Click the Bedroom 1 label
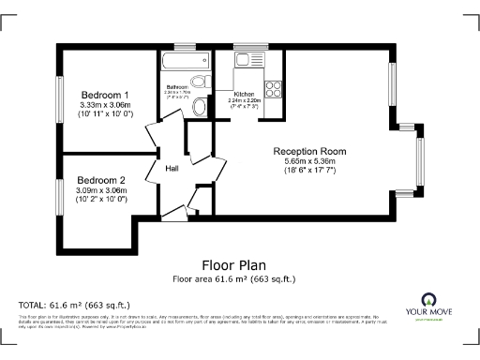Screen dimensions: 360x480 pyautogui.click(x=104, y=95)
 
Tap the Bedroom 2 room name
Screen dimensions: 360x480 pyautogui.click(x=101, y=180)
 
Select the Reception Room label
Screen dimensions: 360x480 pyautogui.click(x=309, y=151)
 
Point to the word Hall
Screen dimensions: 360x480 pyautogui.click(x=172, y=169)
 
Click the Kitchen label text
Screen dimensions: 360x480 pyautogui.click(x=245, y=95)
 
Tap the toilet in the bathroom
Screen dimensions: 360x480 pyautogui.click(x=200, y=107)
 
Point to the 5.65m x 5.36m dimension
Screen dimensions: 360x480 pyautogui.click(x=309, y=161)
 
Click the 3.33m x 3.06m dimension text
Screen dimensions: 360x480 pyautogui.click(x=104, y=105)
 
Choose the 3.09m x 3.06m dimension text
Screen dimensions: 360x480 pyautogui.click(x=101, y=190)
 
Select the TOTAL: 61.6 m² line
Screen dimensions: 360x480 pyautogui.click(x=74, y=306)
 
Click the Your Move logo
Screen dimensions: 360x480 pyautogui.click(x=433, y=307)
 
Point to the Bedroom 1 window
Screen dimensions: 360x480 pyautogui.click(x=59, y=103)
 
